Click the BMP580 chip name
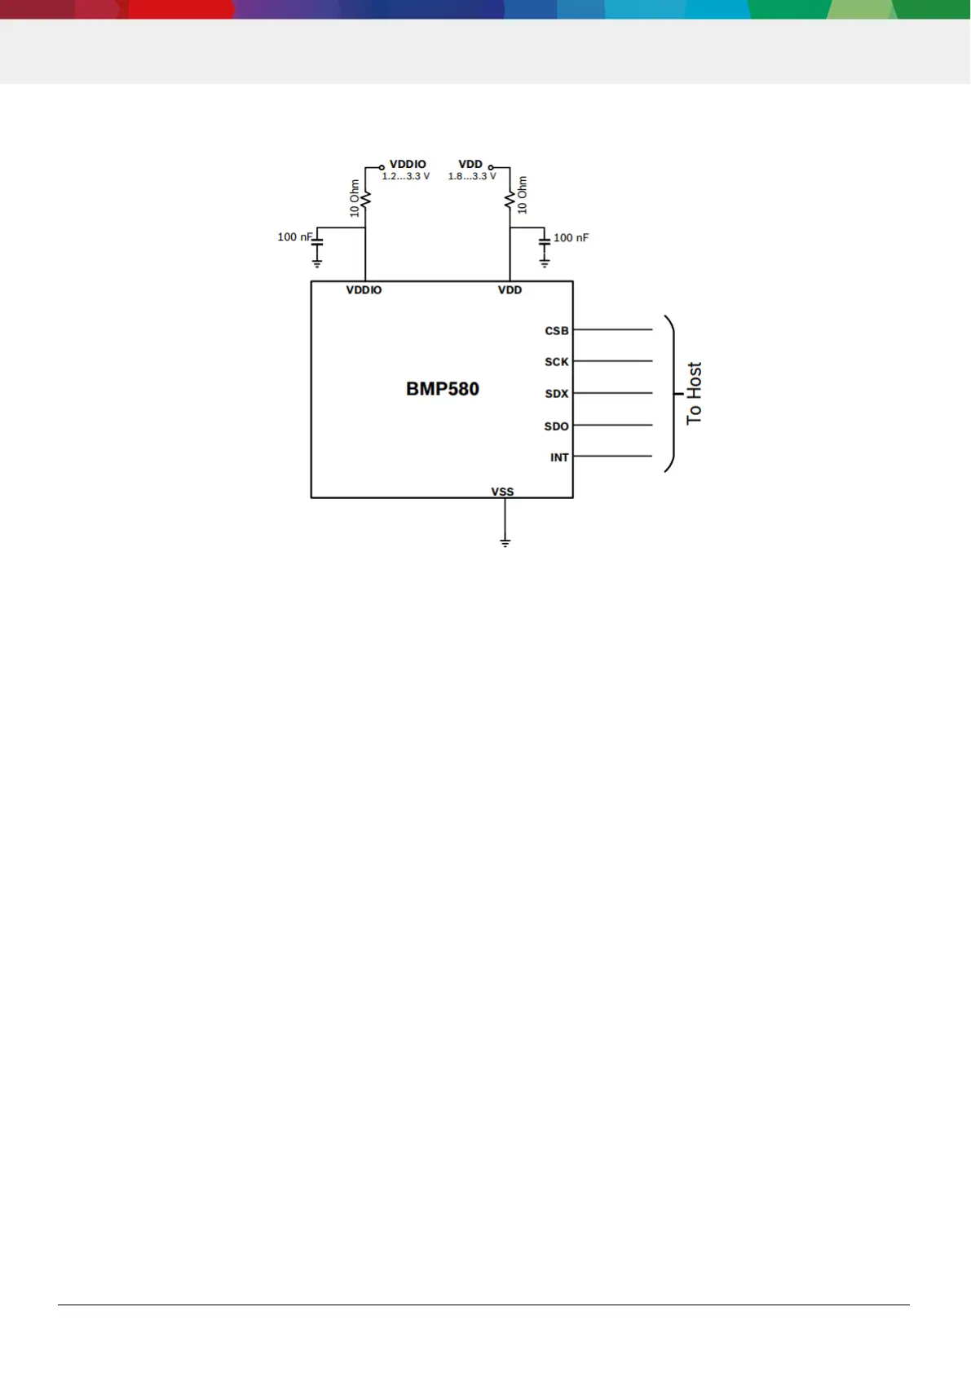pyautogui.click(x=443, y=389)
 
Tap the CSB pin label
pyautogui.click(x=557, y=331)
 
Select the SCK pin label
pyautogui.click(x=557, y=362)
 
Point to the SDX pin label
pyautogui.click(x=557, y=394)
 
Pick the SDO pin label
pyautogui.click(x=557, y=426)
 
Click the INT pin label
pyautogui.click(x=559, y=457)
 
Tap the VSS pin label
pyautogui.click(x=502, y=492)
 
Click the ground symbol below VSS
pyautogui.click(x=505, y=542)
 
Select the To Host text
pyautogui.click(x=694, y=393)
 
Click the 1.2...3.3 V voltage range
pyautogui.click(x=405, y=176)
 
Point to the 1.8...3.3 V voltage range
pyautogui.click(x=472, y=176)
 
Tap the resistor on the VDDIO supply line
pyautogui.click(x=365, y=198)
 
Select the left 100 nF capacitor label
pyautogui.click(x=294, y=237)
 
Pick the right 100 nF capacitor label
pyautogui.click(x=571, y=238)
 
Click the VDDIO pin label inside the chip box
pyautogui.click(x=364, y=290)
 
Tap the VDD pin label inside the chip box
pyautogui.click(x=510, y=290)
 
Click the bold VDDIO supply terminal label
pyautogui.click(x=408, y=165)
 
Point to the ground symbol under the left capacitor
pyautogui.click(x=317, y=263)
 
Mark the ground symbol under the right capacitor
pyautogui.click(x=545, y=263)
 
